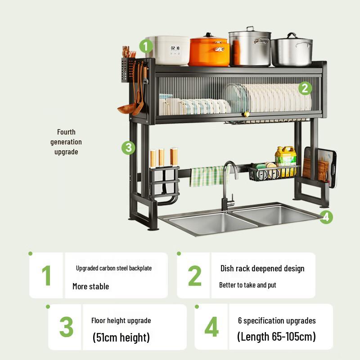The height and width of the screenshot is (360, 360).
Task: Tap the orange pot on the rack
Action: pyautogui.click(x=209, y=51)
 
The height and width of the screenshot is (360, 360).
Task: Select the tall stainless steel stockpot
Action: pyautogui.click(x=249, y=48)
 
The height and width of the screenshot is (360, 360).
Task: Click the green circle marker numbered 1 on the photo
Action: pyautogui.click(x=146, y=46)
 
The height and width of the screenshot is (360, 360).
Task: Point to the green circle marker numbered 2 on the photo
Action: pyautogui.click(x=305, y=88)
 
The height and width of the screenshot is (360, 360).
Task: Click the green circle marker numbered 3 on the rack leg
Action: pyautogui.click(x=128, y=147)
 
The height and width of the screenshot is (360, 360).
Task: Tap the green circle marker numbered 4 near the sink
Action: pyautogui.click(x=326, y=217)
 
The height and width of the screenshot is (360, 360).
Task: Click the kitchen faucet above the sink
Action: pyautogui.click(x=228, y=184)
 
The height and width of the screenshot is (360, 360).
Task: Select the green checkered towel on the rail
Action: pyautogui.click(x=206, y=176)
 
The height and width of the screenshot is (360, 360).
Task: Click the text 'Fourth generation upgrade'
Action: pyautogui.click(x=66, y=142)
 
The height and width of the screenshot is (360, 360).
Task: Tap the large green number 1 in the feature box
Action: pyautogui.click(x=47, y=275)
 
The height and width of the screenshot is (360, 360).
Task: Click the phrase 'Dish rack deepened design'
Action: pyautogui.click(x=262, y=269)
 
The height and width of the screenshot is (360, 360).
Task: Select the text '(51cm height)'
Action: pyautogui.click(x=121, y=337)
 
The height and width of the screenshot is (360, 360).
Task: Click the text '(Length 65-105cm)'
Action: pyautogui.click(x=276, y=336)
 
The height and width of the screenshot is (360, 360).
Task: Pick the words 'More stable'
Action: pyautogui.click(x=90, y=286)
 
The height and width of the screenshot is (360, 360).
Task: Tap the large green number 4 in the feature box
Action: pyautogui.click(x=211, y=327)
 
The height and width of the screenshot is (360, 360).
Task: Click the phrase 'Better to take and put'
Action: pyautogui.click(x=247, y=285)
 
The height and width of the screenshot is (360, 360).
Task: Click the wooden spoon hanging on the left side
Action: pyautogui.click(x=127, y=108)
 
